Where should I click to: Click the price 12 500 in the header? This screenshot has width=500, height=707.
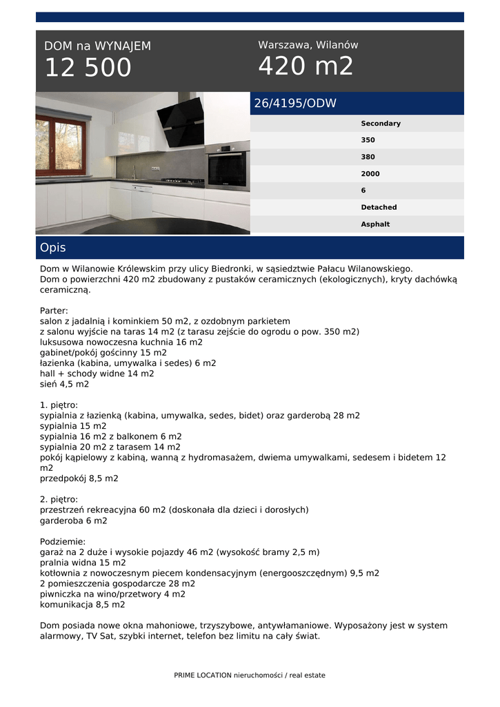click(88, 68)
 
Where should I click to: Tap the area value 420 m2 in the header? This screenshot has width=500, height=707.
click(306, 66)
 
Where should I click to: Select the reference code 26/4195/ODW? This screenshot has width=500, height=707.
click(295, 104)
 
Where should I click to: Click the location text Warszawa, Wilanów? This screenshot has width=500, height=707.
click(308, 45)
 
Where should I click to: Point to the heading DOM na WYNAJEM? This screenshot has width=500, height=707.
click(97, 46)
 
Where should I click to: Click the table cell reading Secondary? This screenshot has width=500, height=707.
click(380, 124)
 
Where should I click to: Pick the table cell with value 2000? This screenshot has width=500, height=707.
click(370, 174)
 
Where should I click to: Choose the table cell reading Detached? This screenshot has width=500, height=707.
click(379, 207)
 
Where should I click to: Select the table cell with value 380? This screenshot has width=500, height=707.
click(368, 157)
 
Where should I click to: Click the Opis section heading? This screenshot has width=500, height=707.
click(53, 247)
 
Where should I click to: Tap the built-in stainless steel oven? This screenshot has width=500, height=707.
click(228, 166)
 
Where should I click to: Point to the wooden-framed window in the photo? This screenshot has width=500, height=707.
click(60, 144)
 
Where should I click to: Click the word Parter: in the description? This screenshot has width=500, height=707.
click(54, 311)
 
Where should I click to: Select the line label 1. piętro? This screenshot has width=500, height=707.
click(59, 405)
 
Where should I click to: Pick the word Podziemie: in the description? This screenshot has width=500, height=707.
click(63, 542)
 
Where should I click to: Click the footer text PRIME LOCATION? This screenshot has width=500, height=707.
click(203, 675)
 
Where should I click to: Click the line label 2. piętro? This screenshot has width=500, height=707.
click(59, 499)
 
